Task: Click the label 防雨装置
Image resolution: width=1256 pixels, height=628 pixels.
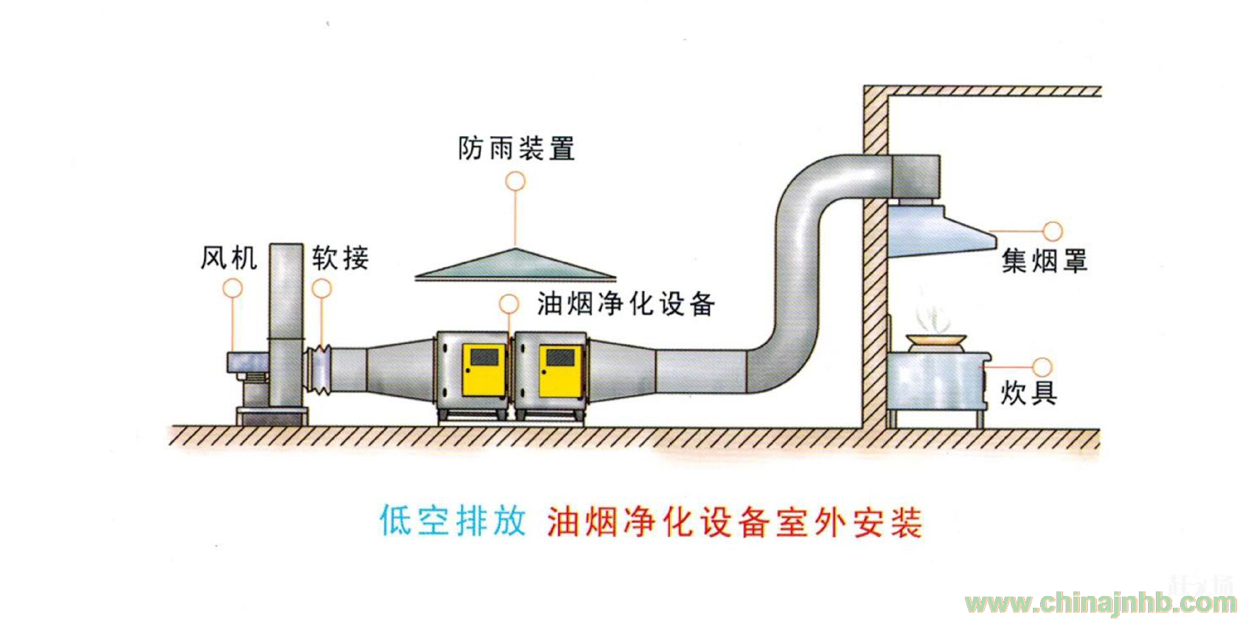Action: tap(516, 148)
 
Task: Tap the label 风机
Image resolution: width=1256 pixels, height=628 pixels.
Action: tap(229, 258)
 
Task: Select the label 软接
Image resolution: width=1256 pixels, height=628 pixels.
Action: tap(340, 258)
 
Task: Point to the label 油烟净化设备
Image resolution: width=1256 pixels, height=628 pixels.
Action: tap(626, 304)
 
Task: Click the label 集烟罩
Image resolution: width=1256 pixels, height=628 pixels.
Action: tap(1044, 261)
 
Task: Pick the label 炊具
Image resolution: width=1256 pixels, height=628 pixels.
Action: tap(1028, 393)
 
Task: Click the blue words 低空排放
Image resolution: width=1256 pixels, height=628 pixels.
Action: tap(453, 521)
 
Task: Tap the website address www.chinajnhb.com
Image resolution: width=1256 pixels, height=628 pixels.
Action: tap(1101, 602)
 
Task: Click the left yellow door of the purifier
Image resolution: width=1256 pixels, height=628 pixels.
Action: tap(484, 371)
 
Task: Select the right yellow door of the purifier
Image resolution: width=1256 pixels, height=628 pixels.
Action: tap(561, 371)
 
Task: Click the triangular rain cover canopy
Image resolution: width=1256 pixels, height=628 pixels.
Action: tap(515, 266)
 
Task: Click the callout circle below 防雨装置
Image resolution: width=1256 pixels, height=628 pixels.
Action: tap(515, 181)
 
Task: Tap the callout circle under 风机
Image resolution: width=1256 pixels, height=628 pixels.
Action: tap(233, 288)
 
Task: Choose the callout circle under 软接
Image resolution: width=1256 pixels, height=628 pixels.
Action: tap(321, 288)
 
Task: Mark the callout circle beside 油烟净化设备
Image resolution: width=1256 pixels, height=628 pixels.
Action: tap(509, 304)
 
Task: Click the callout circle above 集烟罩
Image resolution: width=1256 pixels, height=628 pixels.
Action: tap(1053, 231)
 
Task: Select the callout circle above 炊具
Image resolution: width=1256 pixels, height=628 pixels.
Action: tap(1042, 367)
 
